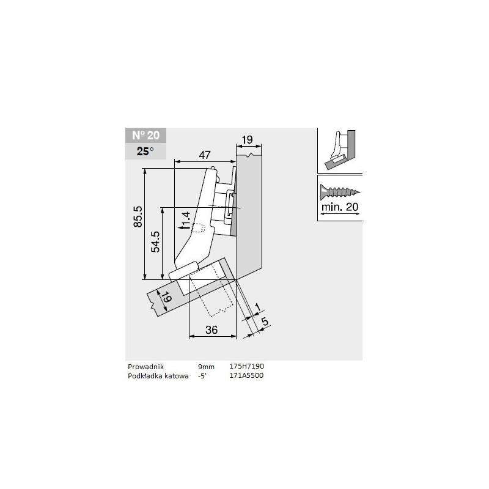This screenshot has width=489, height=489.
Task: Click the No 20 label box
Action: click(x=145, y=136)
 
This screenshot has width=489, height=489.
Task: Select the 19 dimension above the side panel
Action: click(x=246, y=140)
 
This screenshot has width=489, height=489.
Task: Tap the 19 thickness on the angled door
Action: click(x=163, y=300)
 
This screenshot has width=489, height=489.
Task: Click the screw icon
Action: click(x=339, y=191)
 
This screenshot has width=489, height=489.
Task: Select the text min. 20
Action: click(x=339, y=207)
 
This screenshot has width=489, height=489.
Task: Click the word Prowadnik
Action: click(x=146, y=366)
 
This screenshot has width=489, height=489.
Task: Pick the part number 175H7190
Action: click(x=246, y=366)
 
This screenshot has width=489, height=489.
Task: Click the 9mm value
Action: click(x=206, y=366)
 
